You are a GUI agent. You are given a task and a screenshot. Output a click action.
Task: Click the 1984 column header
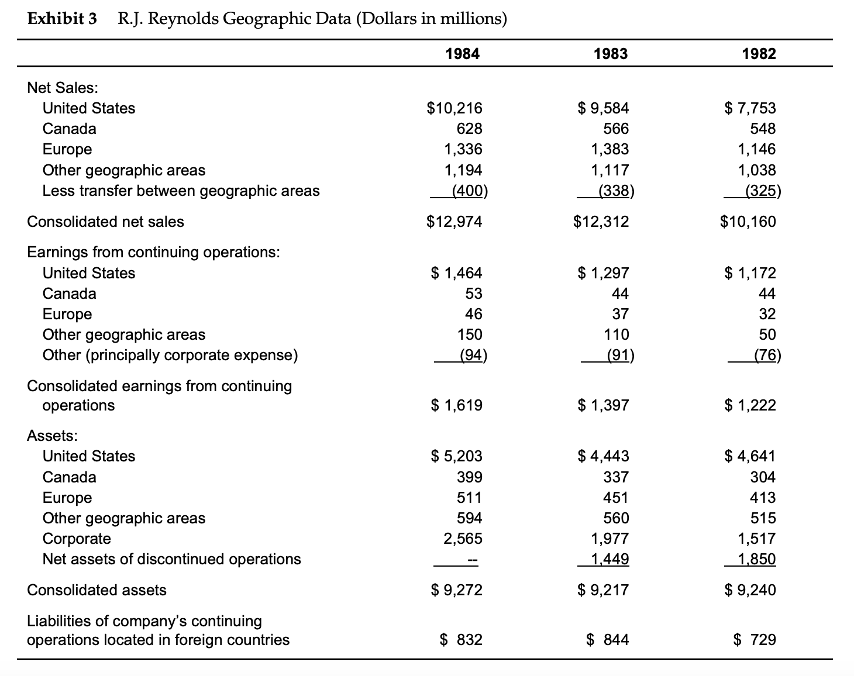[462, 54]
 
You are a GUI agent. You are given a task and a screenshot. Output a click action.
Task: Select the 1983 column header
[611, 54]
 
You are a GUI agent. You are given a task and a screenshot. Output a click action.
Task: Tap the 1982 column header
[759, 54]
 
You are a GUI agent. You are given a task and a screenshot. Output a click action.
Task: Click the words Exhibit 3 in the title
[63, 19]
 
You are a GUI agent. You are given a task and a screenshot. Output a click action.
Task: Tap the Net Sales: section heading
[63, 88]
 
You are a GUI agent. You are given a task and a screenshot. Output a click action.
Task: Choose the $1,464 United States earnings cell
[457, 273]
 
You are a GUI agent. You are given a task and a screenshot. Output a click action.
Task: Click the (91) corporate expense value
[619, 355]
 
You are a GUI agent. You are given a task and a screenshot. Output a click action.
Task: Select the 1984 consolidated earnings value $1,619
[457, 405]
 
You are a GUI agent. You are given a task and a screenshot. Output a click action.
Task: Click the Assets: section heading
[53, 436]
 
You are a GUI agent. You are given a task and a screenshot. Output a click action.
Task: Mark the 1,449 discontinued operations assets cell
[610, 559]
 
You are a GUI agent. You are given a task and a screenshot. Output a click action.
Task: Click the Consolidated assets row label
[97, 590]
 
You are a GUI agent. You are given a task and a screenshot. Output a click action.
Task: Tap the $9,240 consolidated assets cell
[750, 590]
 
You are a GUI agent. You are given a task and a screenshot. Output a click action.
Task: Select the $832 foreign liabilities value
[461, 640]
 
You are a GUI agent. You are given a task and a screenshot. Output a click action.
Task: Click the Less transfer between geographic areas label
[181, 191]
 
